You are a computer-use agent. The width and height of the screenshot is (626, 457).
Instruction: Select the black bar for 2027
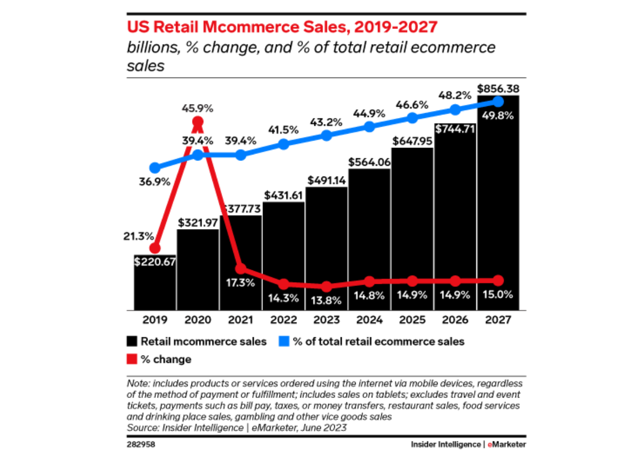click(x=498, y=204)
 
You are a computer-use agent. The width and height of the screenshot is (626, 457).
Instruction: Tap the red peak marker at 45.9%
click(x=198, y=122)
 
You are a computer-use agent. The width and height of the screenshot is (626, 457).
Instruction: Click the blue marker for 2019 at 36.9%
click(x=155, y=168)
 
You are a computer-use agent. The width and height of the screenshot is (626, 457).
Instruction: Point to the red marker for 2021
click(x=241, y=268)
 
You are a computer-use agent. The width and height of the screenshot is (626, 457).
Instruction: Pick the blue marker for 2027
click(x=498, y=101)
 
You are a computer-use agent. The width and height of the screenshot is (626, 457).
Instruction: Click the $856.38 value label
click(x=498, y=88)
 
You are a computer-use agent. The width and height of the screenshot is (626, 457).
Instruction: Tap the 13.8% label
click(x=326, y=300)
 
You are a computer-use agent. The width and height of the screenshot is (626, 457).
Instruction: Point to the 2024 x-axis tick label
click(x=369, y=320)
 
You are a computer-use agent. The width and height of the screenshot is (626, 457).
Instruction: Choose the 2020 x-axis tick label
click(x=198, y=320)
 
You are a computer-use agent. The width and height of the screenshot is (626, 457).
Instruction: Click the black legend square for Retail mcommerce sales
click(x=132, y=342)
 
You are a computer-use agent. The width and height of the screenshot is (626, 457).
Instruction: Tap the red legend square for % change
click(x=132, y=359)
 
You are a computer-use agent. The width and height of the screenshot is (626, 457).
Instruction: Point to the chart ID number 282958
click(x=141, y=445)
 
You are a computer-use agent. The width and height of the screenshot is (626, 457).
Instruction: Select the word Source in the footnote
click(x=141, y=428)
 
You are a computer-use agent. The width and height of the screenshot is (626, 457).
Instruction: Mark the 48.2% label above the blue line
click(x=455, y=95)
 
